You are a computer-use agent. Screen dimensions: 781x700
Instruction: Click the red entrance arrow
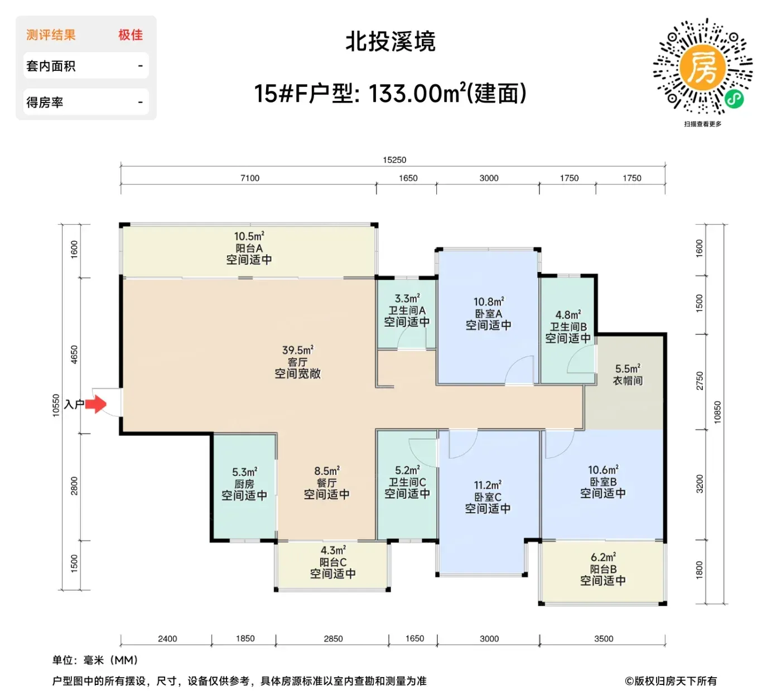[x=95, y=404]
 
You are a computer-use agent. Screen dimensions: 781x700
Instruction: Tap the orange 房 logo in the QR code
[x=702, y=69]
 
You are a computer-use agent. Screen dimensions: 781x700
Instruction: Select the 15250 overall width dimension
[x=394, y=160]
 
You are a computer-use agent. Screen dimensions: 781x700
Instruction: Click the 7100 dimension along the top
[x=250, y=178]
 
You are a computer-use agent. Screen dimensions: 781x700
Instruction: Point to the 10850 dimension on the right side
[x=717, y=412]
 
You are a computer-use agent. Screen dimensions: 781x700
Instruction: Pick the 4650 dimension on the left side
[x=74, y=354]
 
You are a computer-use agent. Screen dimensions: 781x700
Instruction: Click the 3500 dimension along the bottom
[x=603, y=638]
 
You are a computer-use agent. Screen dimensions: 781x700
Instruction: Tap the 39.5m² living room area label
[x=297, y=350]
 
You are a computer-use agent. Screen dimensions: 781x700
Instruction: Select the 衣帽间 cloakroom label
[x=628, y=381]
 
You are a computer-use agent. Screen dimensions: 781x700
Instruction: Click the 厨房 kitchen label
[x=244, y=484]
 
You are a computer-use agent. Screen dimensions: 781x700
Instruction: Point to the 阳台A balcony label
[x=249, y=248]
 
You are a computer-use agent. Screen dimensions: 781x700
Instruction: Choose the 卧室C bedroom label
[x=488, y=497]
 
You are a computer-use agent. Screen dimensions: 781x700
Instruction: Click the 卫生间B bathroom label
[x=568, y=327]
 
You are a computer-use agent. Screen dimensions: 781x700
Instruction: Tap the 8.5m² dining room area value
[x=327, y=471]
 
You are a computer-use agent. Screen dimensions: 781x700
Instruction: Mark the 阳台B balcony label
[x=603, y=569]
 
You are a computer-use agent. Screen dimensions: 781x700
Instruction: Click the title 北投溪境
[x=390, y=42]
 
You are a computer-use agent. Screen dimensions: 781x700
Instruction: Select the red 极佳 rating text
[x=131, y=35]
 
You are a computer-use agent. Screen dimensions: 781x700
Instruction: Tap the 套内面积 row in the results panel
[x=86, y=66]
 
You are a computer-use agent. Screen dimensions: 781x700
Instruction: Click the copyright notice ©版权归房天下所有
[x=671, y=680]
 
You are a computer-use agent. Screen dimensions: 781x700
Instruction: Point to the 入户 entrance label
[x=74, y=404]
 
